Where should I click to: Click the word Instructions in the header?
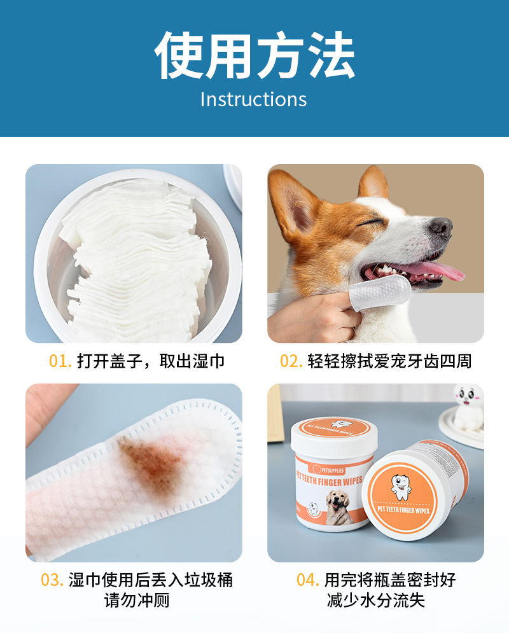(253, 99)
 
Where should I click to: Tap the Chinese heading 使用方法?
(254, 55)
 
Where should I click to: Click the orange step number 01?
(60, 361)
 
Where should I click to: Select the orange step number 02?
(291, 361)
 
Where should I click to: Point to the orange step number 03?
(52, 580)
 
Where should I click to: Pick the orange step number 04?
(308, 580)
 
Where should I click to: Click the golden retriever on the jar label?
(338, 507)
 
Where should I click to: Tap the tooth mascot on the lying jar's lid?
(400, 487)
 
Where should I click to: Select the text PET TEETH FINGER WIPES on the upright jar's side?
(330, 480)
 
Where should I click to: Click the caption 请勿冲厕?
(137, 601)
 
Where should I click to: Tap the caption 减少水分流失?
(376, 601)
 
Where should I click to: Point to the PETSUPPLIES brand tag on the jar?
(328, 470)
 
